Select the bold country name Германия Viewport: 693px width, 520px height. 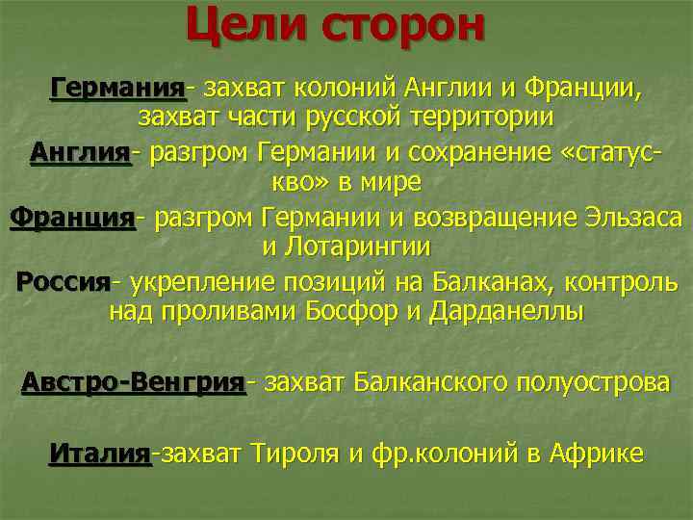click(x=116, y=89)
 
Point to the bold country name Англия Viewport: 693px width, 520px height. click(x=79, y=152)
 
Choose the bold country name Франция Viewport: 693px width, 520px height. click(x=72, y=217)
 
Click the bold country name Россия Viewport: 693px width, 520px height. click(x=64, y=282)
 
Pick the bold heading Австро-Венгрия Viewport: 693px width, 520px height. click(x=133, y=382)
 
